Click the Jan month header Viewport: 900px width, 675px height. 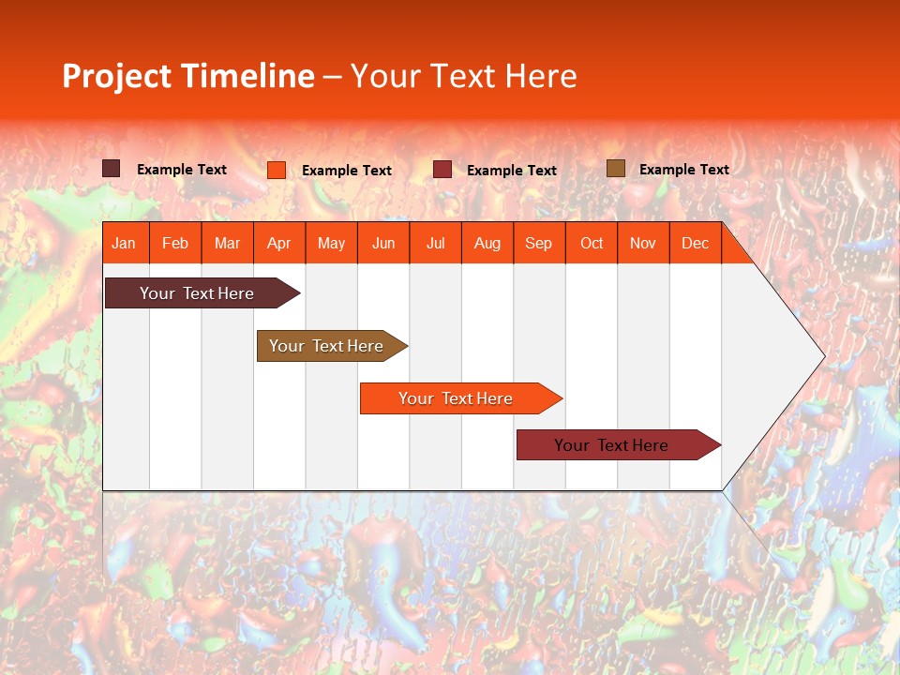pyautogui.click(x=125, y=243)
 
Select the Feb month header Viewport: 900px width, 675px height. pyautogui.click(x=175, y=243)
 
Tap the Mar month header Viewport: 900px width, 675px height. pyautogui.click(x=227, y=243)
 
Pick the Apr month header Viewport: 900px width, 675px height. pyautogui.click(x=279, y=243)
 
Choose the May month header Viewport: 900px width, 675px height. pyautogui.click(x=331, y=243)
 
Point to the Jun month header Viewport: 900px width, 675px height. pyautogui.click(x=383, y=243)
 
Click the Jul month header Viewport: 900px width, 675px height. pyautogui.click(x=435, y=243)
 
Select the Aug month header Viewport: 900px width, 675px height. pyautogui.click(x=487, y=243)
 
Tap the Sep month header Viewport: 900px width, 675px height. pyautogui.click(x=539, y=243)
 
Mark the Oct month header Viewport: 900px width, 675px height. pyautogui.click(x=592, y=243)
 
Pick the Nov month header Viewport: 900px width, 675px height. pyautogui.click(x=643, y=243)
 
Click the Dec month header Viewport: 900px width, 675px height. pyautogui.click(x=695, y=243)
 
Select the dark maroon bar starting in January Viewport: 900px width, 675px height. pyautogui.click(x=197, y=293)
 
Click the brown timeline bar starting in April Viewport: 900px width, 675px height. pyautogui.click(x=326, y=346)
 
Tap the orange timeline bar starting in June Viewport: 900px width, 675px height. pyautogui.click(x=456, y=398)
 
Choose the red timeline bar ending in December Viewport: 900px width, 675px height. pyautogui.click(x=611, y=445)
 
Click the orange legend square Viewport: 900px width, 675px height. pyautogui.click(x=277, y=170)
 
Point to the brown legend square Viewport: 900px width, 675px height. pyautogui.click(x=616, y=169)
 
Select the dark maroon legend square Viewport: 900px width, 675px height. pyautogui.click(x=112, y=169)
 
